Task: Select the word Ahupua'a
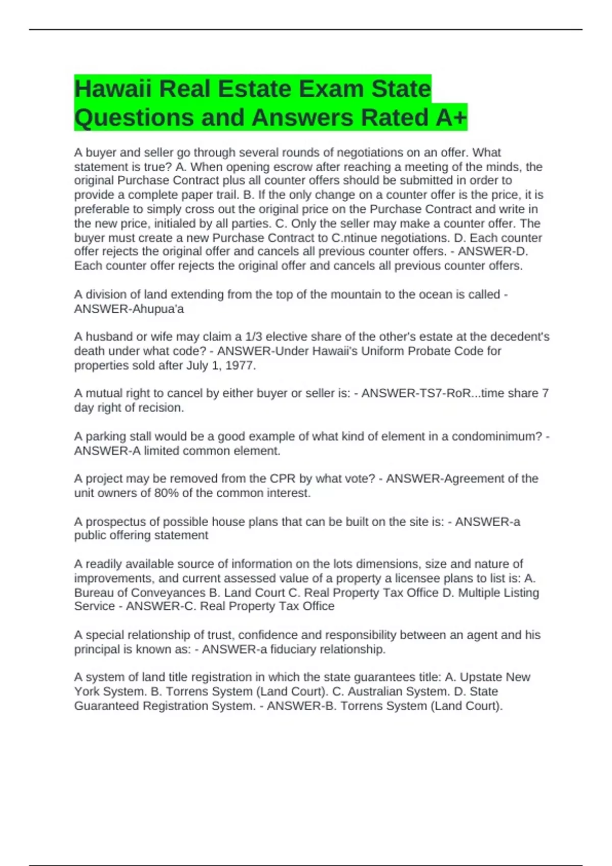click(157, 309)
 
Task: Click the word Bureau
click(94, 593)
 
